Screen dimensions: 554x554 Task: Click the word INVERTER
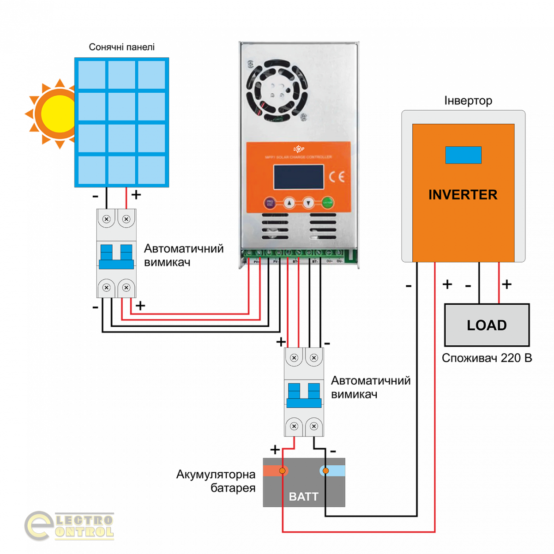point(463,195)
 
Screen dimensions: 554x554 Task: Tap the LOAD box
point(487,325)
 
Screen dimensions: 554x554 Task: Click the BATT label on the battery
point(303,497)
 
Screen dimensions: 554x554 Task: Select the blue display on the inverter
point(463,155)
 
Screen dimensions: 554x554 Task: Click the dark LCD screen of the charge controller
point(298,177)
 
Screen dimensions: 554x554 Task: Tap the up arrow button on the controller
point(289,202)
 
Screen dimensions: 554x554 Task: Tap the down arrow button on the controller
point(308,202)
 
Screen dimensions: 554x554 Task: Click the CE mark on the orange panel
point(337,177)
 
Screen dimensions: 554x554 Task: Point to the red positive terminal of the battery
point(282,471)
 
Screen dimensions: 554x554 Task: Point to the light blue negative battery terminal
point(325,471)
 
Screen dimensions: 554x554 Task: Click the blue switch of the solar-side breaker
point(116,257)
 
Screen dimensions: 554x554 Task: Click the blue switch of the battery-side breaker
point(304,396)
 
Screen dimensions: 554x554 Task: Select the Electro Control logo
point(69,526)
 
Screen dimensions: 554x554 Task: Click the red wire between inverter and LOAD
point(499,283)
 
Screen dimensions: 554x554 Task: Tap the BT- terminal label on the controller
point(315,262)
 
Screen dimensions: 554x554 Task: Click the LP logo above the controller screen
point(299,149)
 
